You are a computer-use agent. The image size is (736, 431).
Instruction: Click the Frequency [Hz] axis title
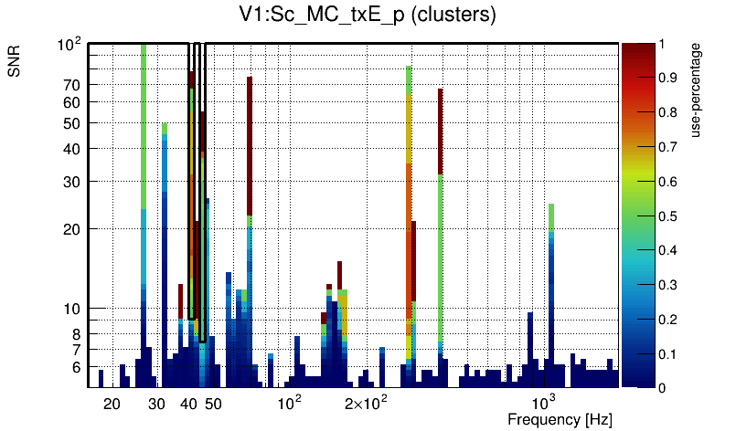(560, 419)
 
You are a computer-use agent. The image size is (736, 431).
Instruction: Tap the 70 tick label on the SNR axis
(72, 85)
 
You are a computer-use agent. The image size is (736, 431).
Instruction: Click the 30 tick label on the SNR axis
(72, 182)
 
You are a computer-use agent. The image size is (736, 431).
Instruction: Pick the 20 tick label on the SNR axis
(72, 228)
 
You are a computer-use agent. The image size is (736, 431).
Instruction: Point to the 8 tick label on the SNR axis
(77, 334)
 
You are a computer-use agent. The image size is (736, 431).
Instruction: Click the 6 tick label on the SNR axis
(77, 367)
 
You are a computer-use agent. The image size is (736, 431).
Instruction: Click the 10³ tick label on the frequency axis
(545, 403)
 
